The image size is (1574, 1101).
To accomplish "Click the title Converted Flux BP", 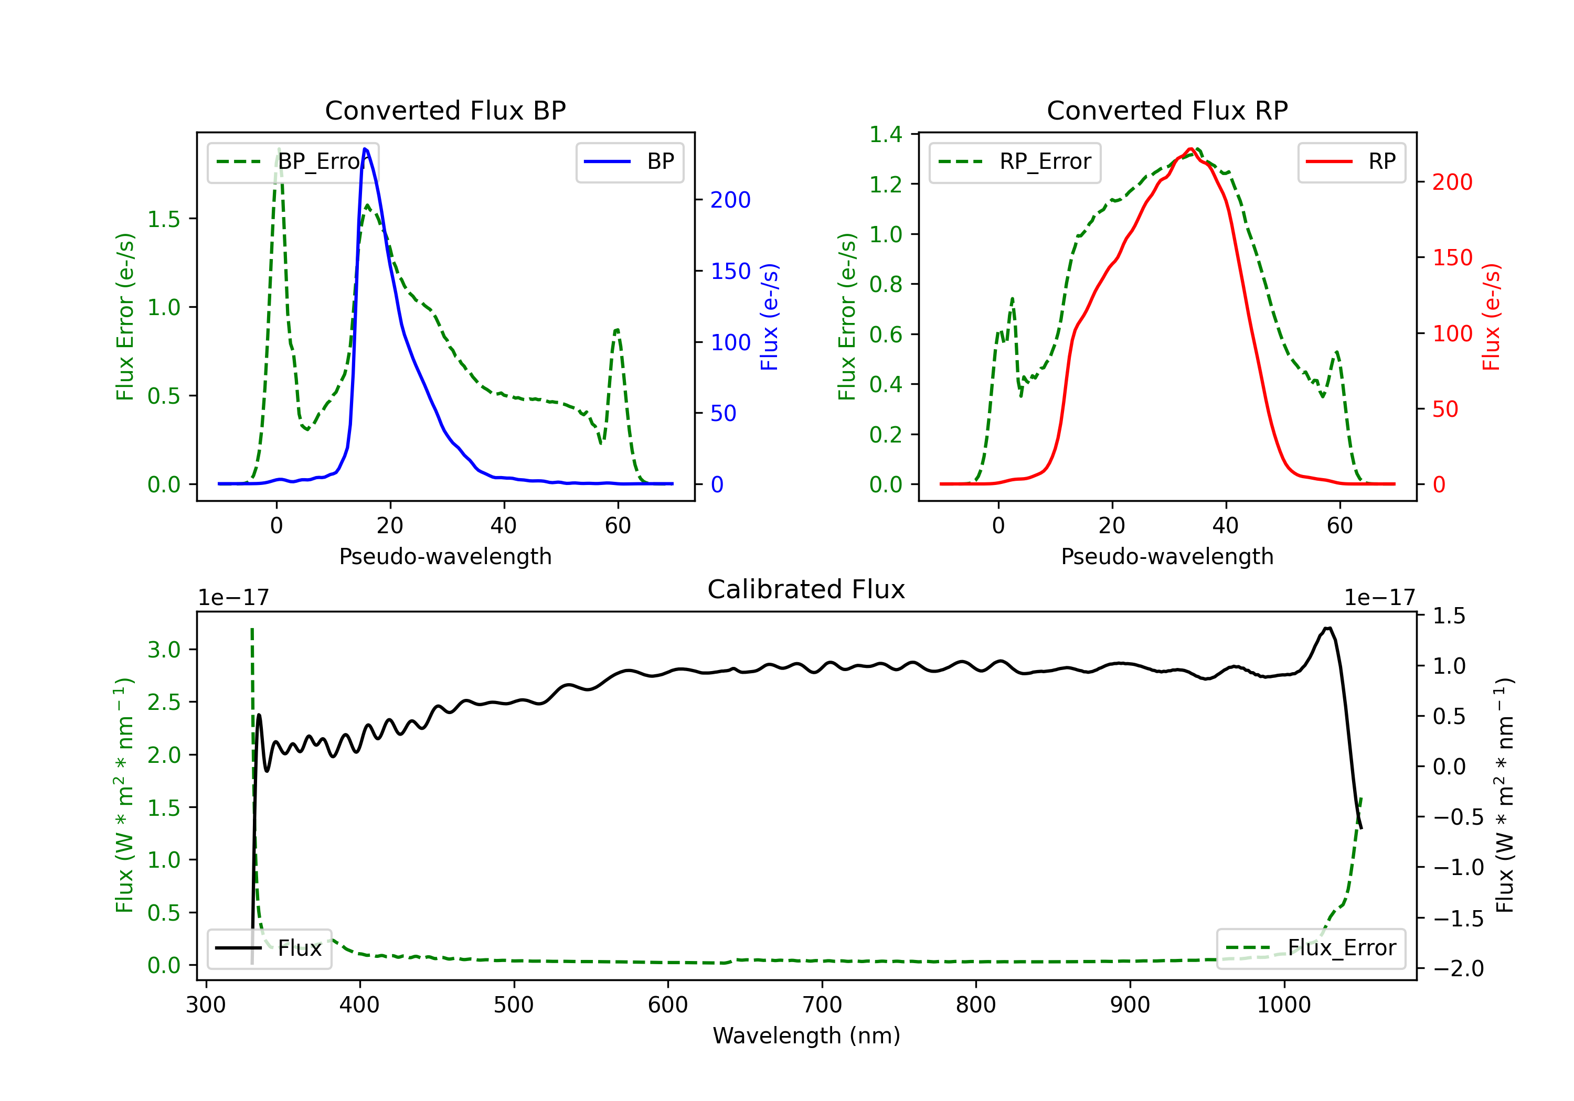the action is [x=445, y=110].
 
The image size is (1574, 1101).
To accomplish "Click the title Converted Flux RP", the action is [x=1167, y=110].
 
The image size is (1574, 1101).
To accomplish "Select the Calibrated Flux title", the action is [x=806, y=589].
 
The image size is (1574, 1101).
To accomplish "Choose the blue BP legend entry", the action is [x=629, y=161].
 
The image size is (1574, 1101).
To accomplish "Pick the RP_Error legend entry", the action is [x=1015, y=161].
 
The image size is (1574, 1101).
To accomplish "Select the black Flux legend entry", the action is [x=269, y=948].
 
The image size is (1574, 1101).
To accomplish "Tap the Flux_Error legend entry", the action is [x=1311, y=948].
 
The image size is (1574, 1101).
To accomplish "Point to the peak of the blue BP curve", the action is [x=365, y=149].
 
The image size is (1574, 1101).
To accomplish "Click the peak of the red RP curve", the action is [x=1191, y=149].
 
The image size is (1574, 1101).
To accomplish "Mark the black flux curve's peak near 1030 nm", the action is [x=1328, y=628].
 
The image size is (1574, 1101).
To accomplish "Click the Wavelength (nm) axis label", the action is [x=806, y=1035].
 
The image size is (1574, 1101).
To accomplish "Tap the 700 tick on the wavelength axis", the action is [x=822, y=1005].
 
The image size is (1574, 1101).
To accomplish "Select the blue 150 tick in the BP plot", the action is [x=731, y=271].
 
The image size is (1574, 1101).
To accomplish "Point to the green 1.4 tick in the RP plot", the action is [x=886, y=134].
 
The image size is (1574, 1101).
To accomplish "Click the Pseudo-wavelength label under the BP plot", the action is [x=445, y=556].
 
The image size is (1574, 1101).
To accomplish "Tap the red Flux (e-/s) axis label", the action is [x=1491, y=317].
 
